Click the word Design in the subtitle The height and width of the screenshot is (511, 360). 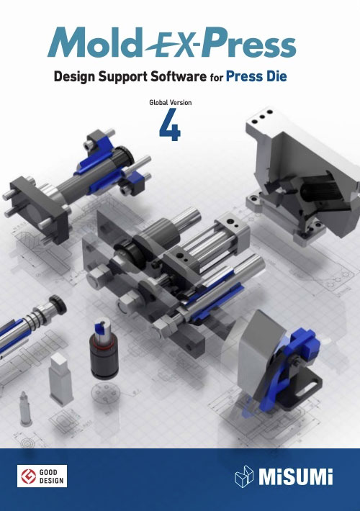coord(74,77)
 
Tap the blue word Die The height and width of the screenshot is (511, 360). coord(276,76)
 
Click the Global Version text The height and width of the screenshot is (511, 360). coord(170,102)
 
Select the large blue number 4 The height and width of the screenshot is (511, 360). coord(170,125)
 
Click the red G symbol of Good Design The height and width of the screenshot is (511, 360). coord(28,476)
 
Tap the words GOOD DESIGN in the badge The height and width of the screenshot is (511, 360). coord(52,476)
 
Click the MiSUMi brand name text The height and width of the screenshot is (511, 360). coord(296,476)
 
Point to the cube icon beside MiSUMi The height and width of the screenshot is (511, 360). coord(244,476)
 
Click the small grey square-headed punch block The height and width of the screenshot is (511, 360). coord(60,379)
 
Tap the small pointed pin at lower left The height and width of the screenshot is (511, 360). coord(24,408)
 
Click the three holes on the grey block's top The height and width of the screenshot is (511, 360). coord(262,117)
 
